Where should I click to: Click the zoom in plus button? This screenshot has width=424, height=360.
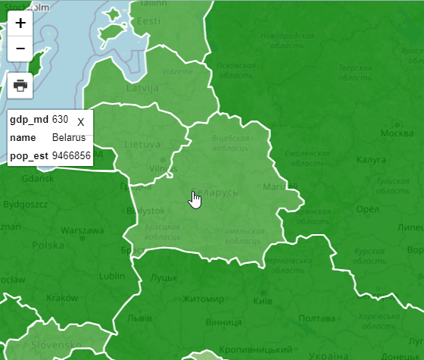coord(20,23)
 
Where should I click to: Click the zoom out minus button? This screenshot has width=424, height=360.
coord(20,49)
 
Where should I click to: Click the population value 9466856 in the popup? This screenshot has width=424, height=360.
coord(71,156)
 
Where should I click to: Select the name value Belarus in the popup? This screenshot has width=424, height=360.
coord(69,138)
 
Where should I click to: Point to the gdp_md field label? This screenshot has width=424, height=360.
coord(29,121)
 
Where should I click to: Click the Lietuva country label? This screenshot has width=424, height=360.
coord(142,144)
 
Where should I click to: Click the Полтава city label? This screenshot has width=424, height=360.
coord(316,319)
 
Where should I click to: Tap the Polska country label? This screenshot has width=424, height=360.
coord(48,245)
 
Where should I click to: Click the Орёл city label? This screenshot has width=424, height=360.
coord(366,208)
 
